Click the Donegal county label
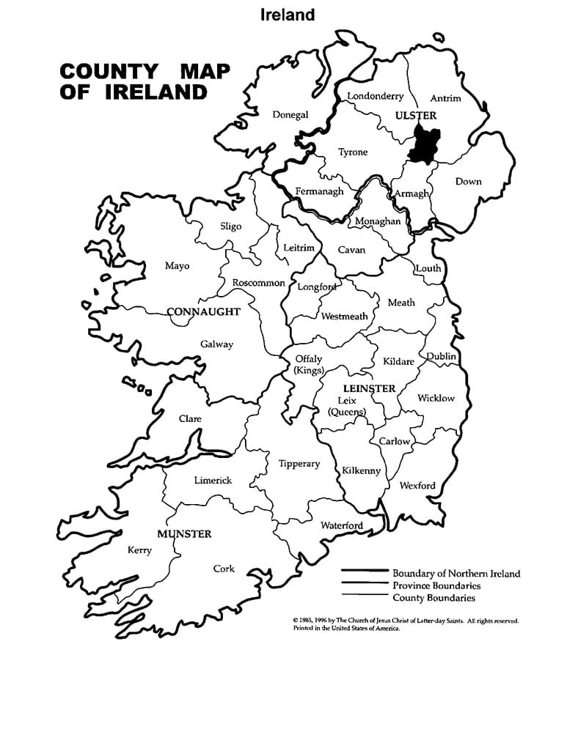(290, 114)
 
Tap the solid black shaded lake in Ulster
(422, 144)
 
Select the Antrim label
(445, 98)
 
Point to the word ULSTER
(415, 116)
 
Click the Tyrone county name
(353, 152)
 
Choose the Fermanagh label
(319, 192)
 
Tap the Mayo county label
(177, 266)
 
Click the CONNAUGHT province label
(204, 312)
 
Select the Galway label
(216, 344)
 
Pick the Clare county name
(190, 419)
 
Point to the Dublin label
(442, 357)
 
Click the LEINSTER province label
(370, 388)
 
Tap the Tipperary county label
(299, 464)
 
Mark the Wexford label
(417, 486)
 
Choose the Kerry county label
(139, 550)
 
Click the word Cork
(224, 569)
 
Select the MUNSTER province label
(184, 534)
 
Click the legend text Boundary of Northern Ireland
(456, 574)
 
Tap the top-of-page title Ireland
(288, 15)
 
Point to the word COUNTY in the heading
(108, 72)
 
